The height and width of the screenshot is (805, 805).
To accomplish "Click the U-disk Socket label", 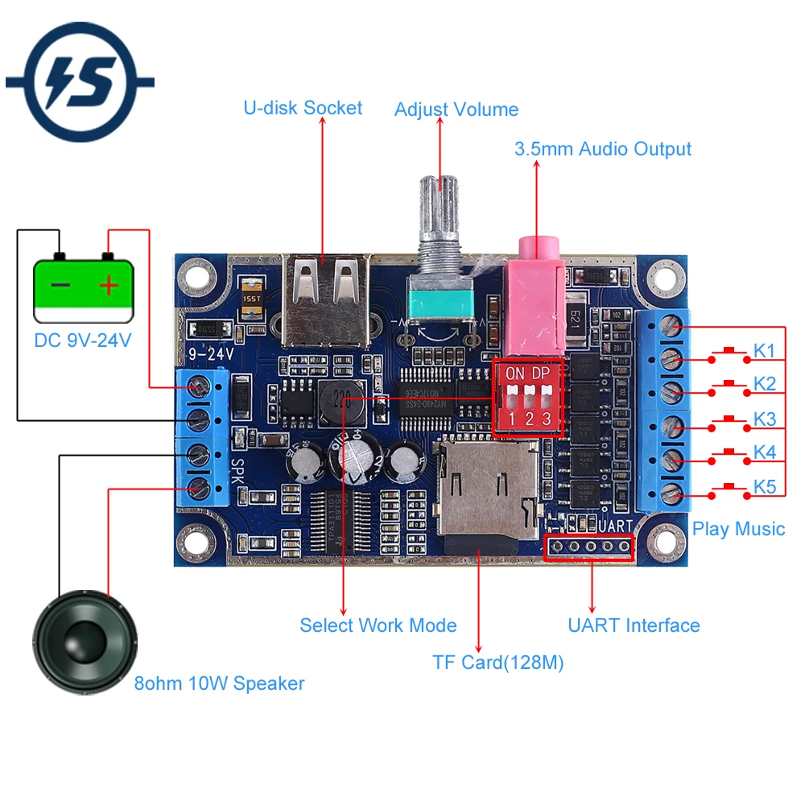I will [303, 108].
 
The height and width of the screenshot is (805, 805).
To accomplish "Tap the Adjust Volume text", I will [456, 109].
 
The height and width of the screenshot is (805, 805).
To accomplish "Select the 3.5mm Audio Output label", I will [603, 149].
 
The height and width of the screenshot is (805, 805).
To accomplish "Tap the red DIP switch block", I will [528, 398].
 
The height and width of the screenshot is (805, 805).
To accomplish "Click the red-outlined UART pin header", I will [590, 547].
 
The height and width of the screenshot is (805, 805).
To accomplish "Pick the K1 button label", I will [764, 351].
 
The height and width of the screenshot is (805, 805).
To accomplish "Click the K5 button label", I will [764, 487].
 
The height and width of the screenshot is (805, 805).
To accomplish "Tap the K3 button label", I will [764, 419].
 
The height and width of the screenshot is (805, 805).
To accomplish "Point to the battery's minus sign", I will [60, 285].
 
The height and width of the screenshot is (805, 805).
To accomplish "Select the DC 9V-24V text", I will [83, 341].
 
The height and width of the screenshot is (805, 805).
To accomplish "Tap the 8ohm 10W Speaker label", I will [219, 684].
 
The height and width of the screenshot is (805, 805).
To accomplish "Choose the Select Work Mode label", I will [378, 625].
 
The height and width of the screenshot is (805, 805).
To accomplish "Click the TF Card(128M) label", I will [497, 663].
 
